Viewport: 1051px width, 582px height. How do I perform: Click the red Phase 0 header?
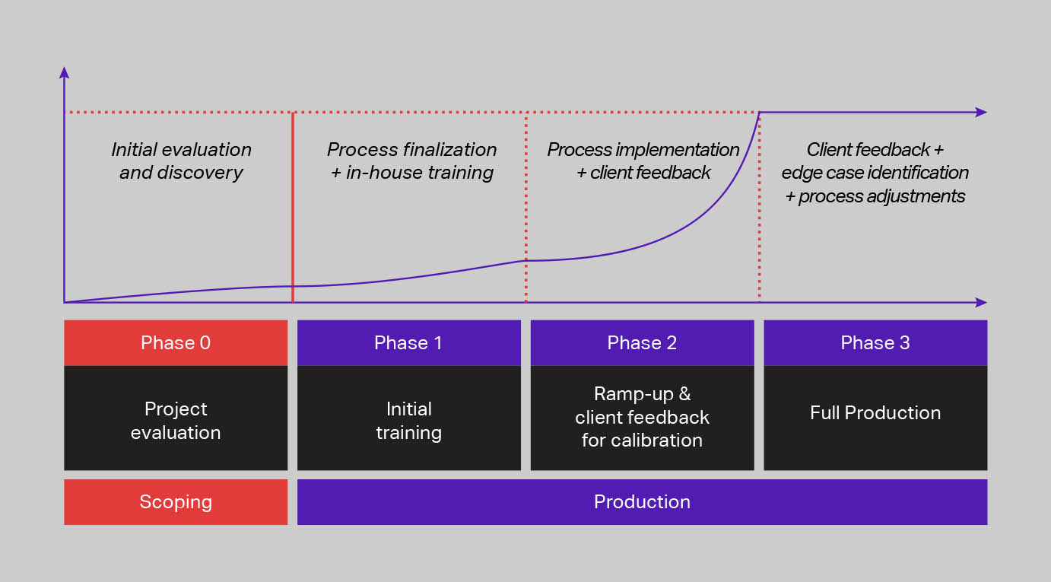176,342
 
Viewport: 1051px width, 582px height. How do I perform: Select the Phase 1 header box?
408,342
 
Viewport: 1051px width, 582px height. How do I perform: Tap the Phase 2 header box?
642,342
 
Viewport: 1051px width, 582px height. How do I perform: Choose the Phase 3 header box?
875,342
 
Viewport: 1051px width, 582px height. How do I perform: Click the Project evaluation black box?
176,420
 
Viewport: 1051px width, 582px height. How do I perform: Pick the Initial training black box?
408,420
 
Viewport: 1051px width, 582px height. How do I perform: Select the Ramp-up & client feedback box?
642,417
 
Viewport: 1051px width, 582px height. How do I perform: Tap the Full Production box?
875,413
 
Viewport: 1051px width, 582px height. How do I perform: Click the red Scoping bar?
176,502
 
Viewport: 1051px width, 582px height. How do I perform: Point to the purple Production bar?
642,502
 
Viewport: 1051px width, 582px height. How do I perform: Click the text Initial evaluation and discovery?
181,161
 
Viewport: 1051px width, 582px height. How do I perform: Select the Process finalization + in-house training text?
411,161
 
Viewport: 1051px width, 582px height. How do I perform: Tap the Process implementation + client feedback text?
643,161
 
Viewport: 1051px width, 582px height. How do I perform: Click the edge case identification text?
875,173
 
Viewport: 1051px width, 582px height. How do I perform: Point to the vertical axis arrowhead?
65,72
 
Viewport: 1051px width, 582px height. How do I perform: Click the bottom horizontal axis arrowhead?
981,302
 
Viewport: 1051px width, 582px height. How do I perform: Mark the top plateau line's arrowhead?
981,113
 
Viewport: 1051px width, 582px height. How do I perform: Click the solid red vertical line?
293,205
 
